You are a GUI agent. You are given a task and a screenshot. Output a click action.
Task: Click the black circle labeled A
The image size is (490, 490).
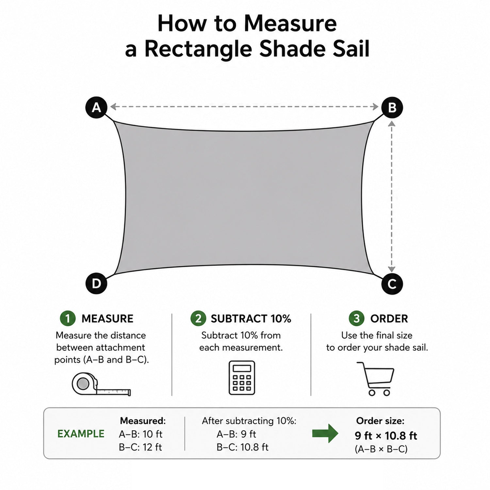pos(96,107)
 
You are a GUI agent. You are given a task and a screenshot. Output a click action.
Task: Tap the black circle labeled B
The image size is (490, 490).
pos(392,107)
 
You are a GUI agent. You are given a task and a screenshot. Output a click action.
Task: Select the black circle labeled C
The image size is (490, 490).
pos(392,284)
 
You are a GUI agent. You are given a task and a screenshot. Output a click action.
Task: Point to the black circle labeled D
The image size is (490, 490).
pos(96,283)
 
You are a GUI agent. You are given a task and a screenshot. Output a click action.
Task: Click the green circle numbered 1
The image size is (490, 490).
pos(68,318)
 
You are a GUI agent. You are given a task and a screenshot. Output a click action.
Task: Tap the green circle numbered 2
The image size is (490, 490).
pos(198,318)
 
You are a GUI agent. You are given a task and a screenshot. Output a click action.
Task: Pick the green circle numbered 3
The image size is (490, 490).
pos(357,318)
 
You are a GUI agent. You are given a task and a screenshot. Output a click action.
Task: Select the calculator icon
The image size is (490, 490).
pos(242,378)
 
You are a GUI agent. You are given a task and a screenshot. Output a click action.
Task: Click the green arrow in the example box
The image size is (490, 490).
pos(325,433)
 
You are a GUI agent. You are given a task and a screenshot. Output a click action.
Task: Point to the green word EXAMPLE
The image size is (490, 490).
pos(81,434)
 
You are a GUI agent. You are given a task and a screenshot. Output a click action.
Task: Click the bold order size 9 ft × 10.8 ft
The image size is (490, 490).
pos(386,436)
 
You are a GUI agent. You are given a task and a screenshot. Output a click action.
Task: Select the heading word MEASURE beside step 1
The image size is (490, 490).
pos(107,318)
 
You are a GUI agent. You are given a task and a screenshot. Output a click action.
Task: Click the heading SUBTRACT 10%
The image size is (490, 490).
pos(251,318)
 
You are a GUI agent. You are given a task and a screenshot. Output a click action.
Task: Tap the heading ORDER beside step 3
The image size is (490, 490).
pos(389,318)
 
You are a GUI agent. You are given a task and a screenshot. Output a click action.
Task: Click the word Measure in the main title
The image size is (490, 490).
pos(290,24)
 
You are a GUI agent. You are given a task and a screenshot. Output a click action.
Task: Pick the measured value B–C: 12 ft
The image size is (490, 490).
pos(140,447)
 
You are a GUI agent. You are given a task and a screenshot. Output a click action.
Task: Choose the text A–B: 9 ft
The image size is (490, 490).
pos(236,434)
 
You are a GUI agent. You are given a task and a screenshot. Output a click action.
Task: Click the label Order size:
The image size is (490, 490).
pos(380,421)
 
